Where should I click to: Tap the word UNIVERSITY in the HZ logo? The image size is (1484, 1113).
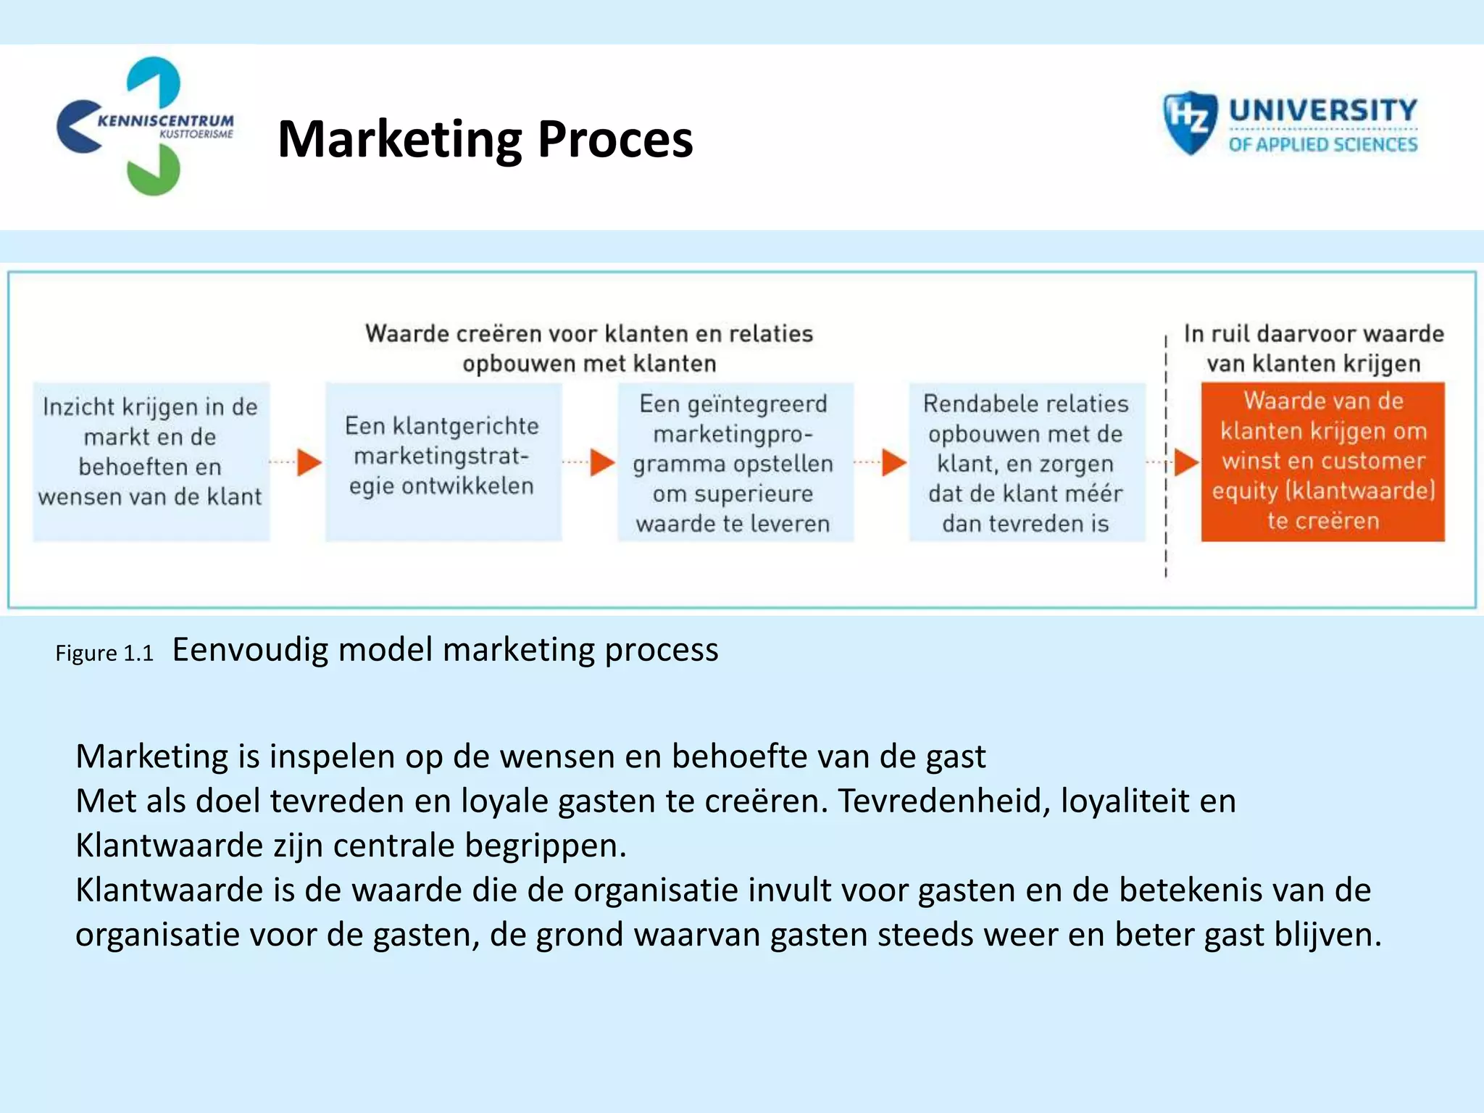1322,110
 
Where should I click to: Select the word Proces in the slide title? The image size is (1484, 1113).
615,139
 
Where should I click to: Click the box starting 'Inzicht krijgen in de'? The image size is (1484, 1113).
151,462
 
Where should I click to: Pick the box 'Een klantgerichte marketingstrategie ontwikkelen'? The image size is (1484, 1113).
443,462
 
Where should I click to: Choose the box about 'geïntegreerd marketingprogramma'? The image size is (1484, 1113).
735,462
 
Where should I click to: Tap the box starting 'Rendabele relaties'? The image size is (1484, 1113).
1027,462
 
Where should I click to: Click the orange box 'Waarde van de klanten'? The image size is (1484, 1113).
1322,462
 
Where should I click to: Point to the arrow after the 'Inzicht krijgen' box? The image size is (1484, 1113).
309,462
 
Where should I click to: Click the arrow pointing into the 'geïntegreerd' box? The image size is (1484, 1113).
601,462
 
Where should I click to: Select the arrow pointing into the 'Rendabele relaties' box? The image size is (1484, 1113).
893,462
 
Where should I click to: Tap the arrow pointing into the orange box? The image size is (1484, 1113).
1185,462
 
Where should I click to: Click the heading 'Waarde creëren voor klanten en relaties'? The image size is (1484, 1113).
588,333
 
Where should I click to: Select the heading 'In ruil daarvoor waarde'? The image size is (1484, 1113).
1313,333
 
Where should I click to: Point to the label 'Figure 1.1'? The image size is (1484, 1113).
104,654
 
